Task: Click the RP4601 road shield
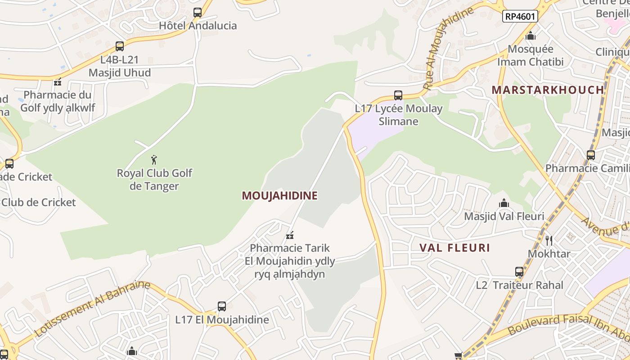point(520,17)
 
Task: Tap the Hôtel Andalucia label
point(198,26)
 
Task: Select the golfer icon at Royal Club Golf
point(154,160)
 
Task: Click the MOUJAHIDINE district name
point(279,196)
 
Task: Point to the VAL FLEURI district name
point(454,248)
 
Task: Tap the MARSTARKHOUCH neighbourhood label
point(548,90)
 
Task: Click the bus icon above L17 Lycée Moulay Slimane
point(398,95)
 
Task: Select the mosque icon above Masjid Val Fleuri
point(504,203)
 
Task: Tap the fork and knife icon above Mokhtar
point(549,241)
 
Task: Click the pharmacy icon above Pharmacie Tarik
point(290,235)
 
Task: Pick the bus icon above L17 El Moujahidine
point(222,306)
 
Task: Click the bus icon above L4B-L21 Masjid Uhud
point(120,46)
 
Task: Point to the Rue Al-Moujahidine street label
point(448,47)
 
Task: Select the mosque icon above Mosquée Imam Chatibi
point(531,36)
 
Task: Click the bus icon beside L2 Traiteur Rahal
point(519,272)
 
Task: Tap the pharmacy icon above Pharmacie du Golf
point(58,82)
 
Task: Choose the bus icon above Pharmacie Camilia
point(590,155)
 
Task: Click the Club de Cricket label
point(39,202)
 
